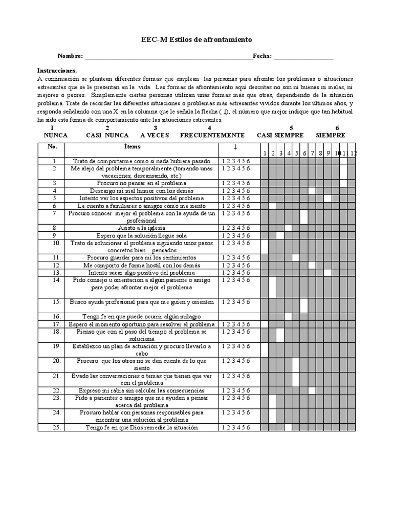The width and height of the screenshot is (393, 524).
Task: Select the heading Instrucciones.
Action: (57, 70)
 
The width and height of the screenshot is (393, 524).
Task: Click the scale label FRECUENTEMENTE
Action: (212, 135)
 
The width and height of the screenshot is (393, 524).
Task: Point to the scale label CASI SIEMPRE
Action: (280, 135)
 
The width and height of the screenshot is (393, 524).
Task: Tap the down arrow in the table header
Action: (235, 147)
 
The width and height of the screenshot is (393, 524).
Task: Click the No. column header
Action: (52, 147)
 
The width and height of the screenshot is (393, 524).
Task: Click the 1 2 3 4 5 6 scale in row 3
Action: (235, 183)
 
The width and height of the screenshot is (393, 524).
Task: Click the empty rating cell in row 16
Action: (239, 316)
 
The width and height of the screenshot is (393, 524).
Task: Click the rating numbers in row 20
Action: (235, 361)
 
